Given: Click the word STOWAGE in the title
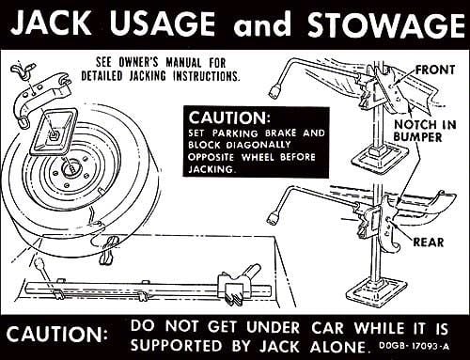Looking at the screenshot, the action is (x=386, y=24).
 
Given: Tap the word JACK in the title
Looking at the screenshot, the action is (x=50, y=23).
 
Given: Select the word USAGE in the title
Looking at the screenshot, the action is (x=163, y=23).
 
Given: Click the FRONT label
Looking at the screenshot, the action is (x=435, y=70).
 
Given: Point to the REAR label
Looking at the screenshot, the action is (x=429, y=243).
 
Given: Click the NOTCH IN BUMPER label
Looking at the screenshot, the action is (x=425, y=131).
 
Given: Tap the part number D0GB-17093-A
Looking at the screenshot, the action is (x=414, y=346).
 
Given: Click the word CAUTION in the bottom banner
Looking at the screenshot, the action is (x=56, y=335).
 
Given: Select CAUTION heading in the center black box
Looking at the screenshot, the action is (x=229, y=117).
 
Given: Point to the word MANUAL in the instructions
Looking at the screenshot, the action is (x=183, y=62).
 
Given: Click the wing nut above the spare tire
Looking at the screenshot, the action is (x=23, y=70).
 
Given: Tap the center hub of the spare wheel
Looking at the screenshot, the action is (x=71, y=168).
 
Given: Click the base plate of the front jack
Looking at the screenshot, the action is (x=380, y=159).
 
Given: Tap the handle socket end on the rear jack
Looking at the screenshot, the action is (x=274, y=218).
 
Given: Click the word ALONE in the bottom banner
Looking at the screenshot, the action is (x=338, y=346).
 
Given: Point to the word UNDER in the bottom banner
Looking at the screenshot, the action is (x=273, y=327).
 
